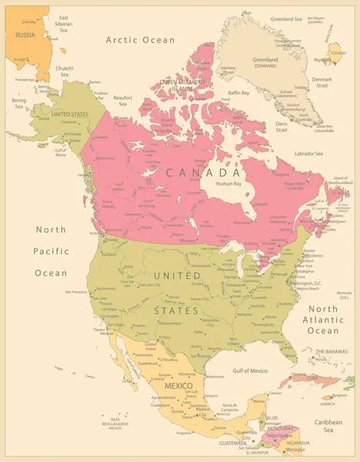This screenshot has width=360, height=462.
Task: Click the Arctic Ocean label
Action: tap(140, 39)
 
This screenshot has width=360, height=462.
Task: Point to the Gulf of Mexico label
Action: tap(245, 371)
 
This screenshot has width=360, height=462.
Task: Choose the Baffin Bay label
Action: tap(239, 92)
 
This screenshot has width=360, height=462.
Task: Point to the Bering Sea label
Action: tap(18, 102)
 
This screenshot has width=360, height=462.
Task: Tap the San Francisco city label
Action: tap(78, 292)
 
